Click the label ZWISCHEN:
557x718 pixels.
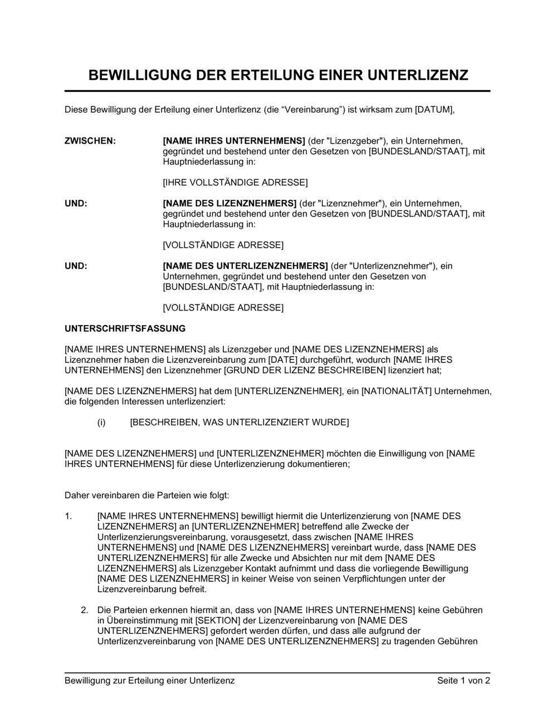point(90,141)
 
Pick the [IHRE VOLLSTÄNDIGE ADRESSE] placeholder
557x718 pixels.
point(235,183)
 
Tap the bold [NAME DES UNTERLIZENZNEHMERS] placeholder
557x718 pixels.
point(245,266)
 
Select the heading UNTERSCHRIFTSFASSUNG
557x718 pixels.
point(125,329)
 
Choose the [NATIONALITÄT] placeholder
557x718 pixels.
point(397,391)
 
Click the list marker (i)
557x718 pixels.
point(101,422)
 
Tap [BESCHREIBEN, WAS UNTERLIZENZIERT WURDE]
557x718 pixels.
point(240,422)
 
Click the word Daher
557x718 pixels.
point(77,495)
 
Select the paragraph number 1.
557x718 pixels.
point(69,516)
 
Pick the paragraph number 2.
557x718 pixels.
point(85,610)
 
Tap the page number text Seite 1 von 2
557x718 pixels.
point(463,681)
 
